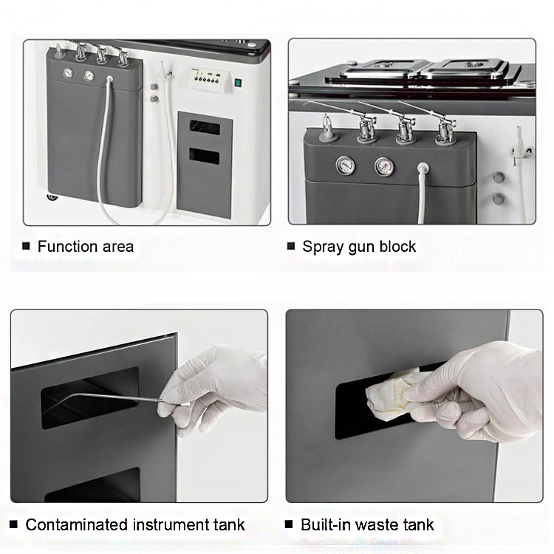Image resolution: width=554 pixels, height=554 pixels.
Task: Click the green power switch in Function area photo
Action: (238, 83)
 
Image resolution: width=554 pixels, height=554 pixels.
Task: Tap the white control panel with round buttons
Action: (209, 80)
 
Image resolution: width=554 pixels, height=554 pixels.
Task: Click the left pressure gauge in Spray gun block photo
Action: (345, 165)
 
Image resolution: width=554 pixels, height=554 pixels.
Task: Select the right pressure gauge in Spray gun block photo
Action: (384, 166)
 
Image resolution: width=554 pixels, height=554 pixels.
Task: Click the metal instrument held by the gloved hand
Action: (106, 399)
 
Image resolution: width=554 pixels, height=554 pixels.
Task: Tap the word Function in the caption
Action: (67, 246)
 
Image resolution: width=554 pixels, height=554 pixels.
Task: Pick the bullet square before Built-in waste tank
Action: (289, 524)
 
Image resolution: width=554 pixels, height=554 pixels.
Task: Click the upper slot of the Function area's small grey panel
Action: (204, 127)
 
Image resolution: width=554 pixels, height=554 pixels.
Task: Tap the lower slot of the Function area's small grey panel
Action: (204, 156)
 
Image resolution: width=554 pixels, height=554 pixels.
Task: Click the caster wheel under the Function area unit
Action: (52, 196)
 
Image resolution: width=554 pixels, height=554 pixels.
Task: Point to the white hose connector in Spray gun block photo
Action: (423, 168)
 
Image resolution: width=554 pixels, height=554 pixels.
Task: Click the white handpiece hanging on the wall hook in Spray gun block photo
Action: (518, 145)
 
